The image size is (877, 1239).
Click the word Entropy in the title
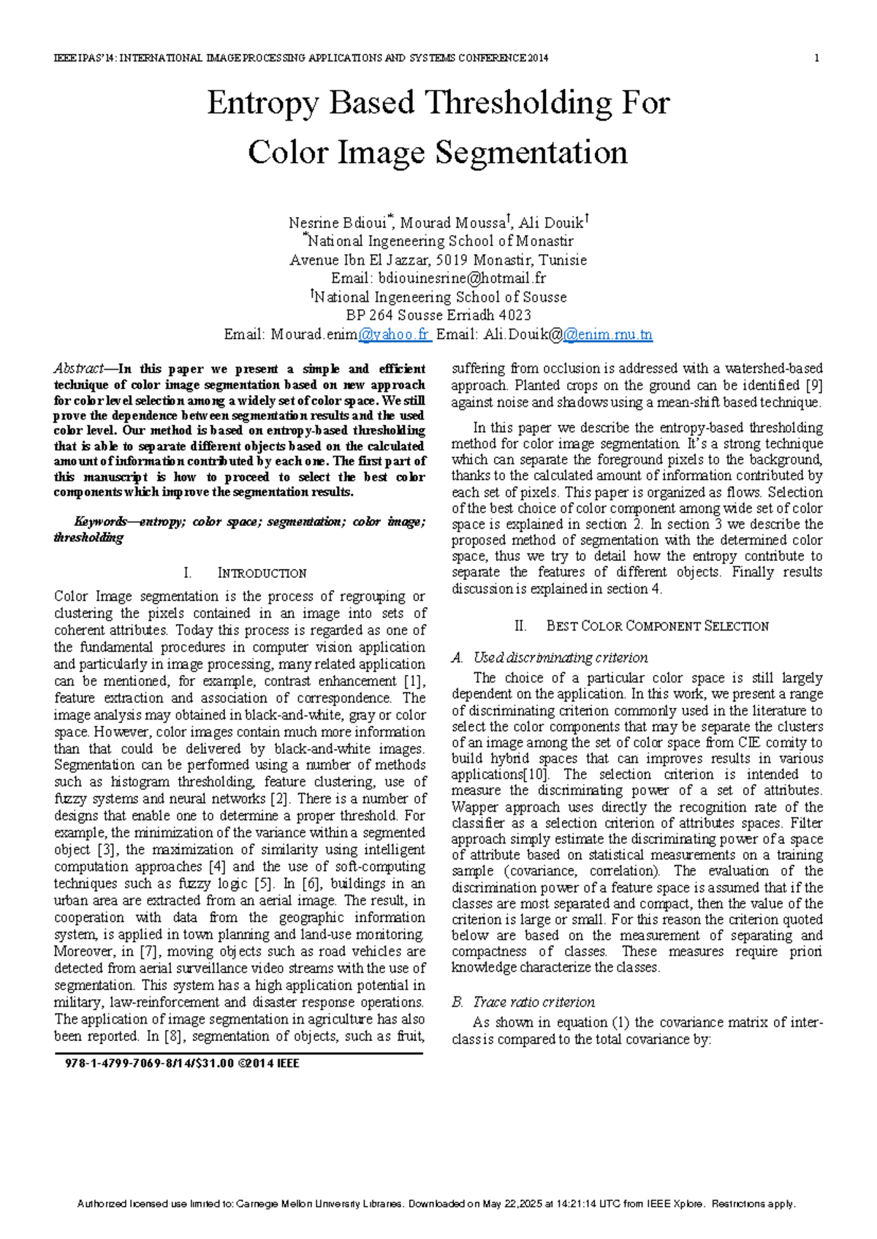pyautogui.click(x=263, y=103)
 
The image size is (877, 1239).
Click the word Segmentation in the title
pyautogui.click(x=531, y=153)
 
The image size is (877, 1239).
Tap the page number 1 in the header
pyautogui.click(x=816, y=58)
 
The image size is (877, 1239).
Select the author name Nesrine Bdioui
pyautogui.click(x=340, y=223)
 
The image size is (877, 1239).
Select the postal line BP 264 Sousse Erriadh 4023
pyautogui.click(x=438, y=316)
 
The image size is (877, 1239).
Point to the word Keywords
pyautogui.click(x=100, y=522)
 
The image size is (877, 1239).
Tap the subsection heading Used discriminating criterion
pyautogui.click(x=560, y=657)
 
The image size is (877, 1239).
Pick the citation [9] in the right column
pyautogui.click(x=813, y=385)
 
